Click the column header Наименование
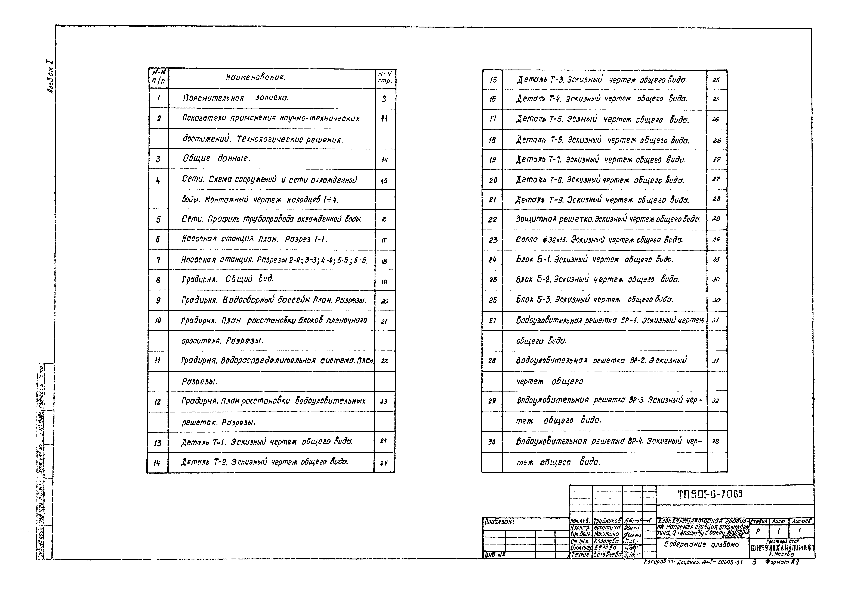[256, 77]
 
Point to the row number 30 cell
[492, 442]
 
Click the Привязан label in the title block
[499, 522]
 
